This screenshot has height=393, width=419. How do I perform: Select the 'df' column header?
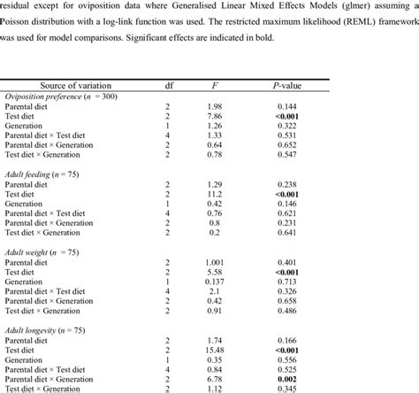click(169, 85)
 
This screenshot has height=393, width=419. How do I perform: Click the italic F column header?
click(216, 85)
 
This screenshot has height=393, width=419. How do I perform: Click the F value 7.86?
click(216, 116)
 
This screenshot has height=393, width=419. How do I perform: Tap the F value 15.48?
click(216, 350)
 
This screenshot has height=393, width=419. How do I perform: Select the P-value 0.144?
click(286, 106)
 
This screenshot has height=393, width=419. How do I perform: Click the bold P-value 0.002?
click(286, 380)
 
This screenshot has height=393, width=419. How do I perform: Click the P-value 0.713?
click(286, 281)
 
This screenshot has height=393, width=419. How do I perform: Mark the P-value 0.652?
click(286, 145)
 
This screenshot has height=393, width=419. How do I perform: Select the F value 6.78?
click(216, 380)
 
